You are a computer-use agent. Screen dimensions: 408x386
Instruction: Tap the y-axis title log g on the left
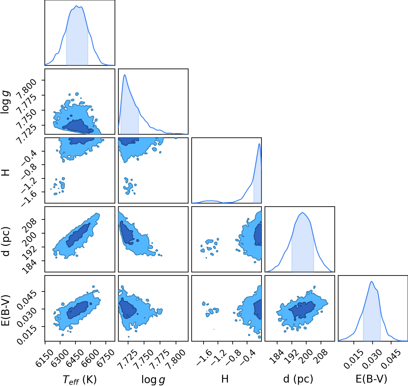[5, 102]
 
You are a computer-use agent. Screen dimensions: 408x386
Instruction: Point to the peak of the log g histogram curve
[125, 75]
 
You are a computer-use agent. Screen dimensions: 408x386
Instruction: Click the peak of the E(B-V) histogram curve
[372, 281]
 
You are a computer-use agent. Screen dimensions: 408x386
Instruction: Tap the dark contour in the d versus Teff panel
[78, 235]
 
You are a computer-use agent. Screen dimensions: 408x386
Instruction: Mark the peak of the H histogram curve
[259, 144]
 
